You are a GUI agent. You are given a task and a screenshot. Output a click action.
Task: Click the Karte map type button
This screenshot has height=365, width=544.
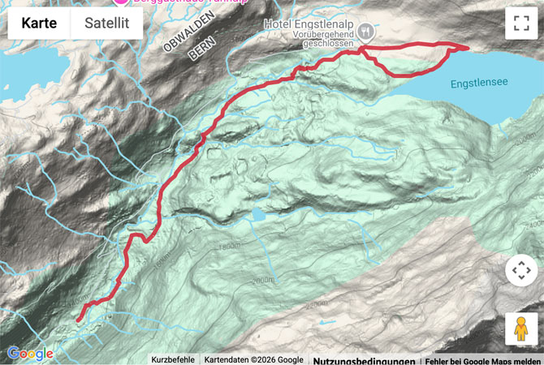pyautogui.click(x=39, y=24)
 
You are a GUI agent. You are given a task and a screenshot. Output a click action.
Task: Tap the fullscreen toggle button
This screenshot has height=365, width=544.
pyautogui.click(x=520, y=24)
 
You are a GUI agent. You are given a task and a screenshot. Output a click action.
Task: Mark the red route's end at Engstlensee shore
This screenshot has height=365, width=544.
pyautogui.click(x=467, y=48)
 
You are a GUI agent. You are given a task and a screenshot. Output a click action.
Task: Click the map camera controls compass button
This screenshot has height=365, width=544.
pyautogui.click(x=520, y=270)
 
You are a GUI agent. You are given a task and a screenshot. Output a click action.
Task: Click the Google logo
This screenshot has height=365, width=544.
pyautogui.click(x=30, y=354)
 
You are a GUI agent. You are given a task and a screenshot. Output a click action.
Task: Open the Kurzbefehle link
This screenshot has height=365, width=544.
pyautogui.click(x=173, y=360)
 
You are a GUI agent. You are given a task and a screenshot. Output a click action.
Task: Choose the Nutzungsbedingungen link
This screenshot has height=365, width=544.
pyautogui.click(x=364, y=360)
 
